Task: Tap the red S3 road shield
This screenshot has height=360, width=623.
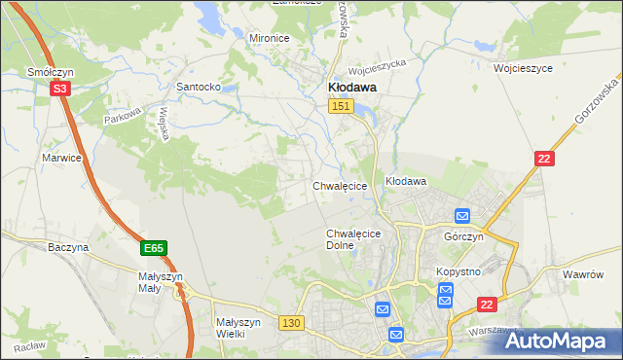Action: click(x=60, y=89)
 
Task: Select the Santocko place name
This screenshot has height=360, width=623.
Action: click(x=198, y=87)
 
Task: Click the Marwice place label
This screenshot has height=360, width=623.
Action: click(x=61, y=157)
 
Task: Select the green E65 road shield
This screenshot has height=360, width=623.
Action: click(x=153, y=249)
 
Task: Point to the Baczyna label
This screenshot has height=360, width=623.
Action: click(x=68, y=248)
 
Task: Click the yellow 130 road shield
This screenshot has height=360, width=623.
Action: click(x=290, y=323)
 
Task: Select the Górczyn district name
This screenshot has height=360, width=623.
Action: click(x=463, y=237)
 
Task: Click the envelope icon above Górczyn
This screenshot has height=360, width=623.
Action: click(x=462, y=217)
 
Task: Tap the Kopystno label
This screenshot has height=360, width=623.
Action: click(x=458, y=271)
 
